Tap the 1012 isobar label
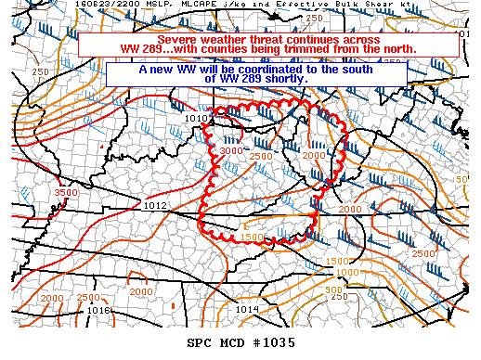click(155, 205)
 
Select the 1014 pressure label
click(247, 309)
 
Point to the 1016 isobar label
click(99, 310)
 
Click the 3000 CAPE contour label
click(231, 150)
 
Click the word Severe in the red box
click(177, 41)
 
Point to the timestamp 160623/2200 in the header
click(33, 6)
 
